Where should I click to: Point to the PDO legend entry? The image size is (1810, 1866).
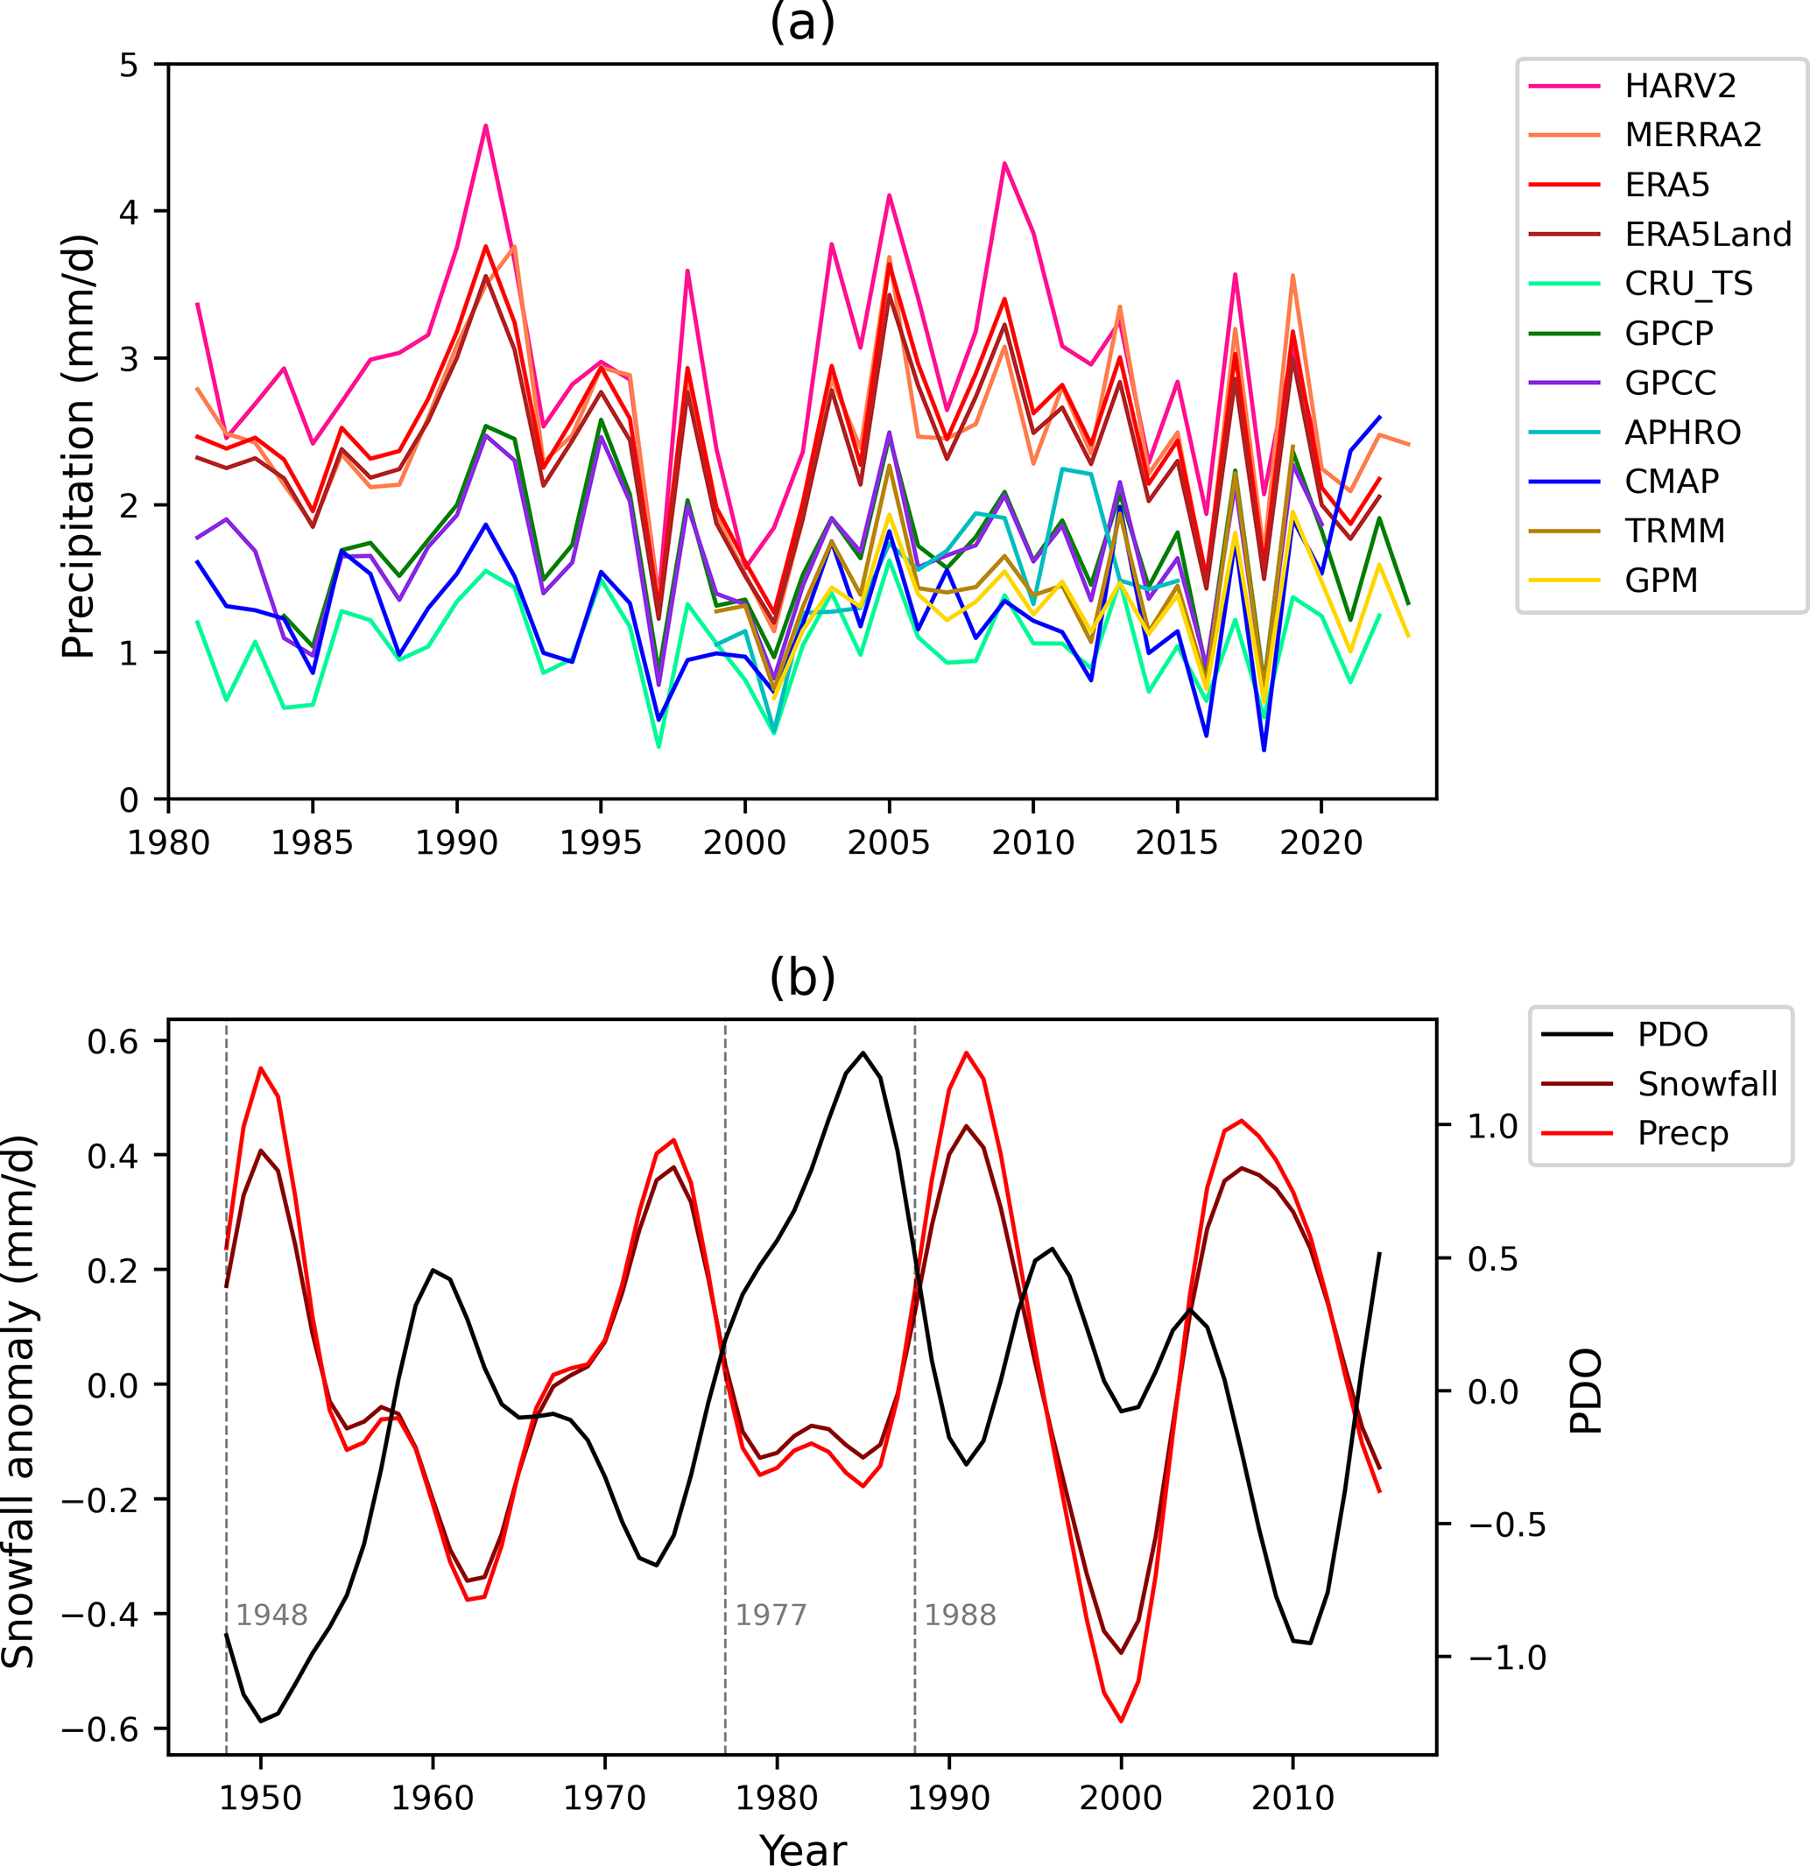click(1672, 1035)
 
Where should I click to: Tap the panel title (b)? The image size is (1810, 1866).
click(802, 977)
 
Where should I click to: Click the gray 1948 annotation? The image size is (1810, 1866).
click(271, 1616)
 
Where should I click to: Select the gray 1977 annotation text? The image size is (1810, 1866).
click(771, 1616)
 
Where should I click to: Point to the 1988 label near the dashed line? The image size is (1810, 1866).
click(960, 1616)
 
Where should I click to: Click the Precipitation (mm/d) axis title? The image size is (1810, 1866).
click(78, 446)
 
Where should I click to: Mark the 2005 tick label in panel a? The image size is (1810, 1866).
click(888, 843)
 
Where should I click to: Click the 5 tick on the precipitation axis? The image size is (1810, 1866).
click(129, 65)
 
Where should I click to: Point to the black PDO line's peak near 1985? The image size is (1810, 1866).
click(863, 1053)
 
